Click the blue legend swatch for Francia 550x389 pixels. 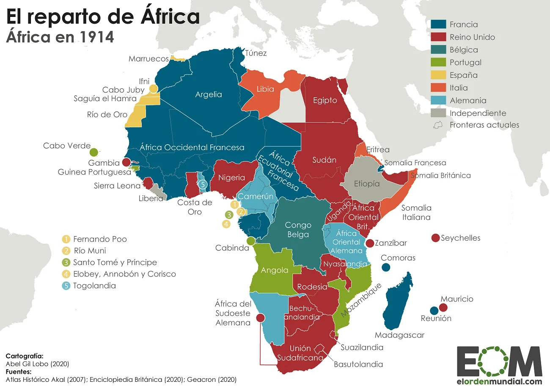click(x=438, y=25)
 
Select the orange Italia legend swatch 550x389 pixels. click(x=438, y=88)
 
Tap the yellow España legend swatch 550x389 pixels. click(x=438, y=75)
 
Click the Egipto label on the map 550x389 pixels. click(x=325, y=100)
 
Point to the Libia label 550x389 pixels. click(x=265, y=89)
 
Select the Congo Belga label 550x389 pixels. click(x=298, y=230)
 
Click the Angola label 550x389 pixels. click(x=275, y=270)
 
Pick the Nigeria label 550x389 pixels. click(x=231, y=178)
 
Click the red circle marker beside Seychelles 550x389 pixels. click(x=435, y=238)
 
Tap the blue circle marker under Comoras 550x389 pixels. click(x=385, y=267)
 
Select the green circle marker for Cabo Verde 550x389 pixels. click(x=94, y=152)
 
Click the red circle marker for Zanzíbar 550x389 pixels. click(x=369, y=243)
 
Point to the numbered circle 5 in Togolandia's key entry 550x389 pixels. click(x=66, y=285)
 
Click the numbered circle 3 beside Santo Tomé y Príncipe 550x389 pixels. click(x=66, y=262)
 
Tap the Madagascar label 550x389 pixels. click(x=399, y=335)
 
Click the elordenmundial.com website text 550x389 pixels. click(x=500, y=381)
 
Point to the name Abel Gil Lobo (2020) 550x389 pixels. click(x=37, y=364)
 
